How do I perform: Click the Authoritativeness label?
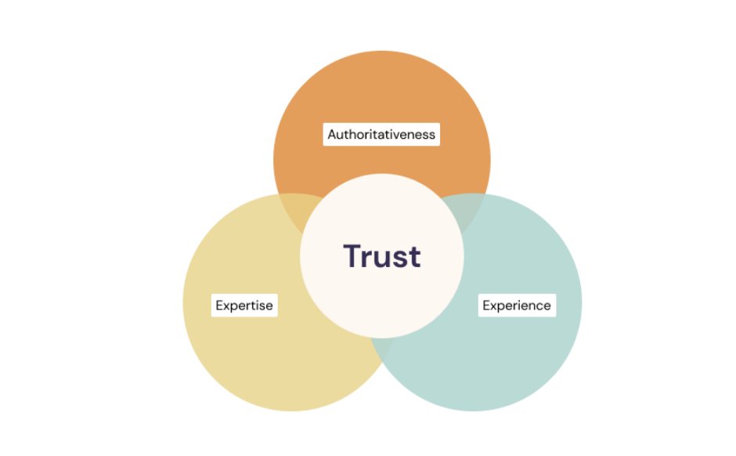381,135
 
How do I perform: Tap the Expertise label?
244,305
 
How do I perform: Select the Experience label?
517,305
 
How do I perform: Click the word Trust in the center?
382,256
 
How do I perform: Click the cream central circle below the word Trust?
382,306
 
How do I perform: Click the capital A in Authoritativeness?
332,135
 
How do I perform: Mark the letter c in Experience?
537,306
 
